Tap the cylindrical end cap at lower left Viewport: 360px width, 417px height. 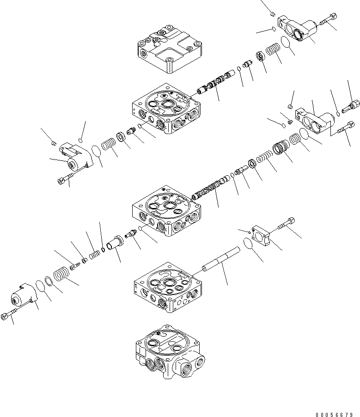[23, 295]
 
